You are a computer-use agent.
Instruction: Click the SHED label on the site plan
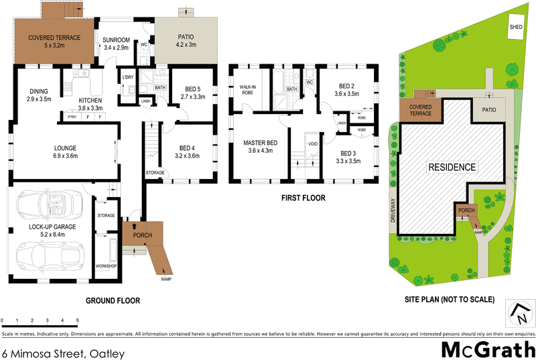point(515,27)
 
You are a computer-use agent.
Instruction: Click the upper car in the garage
point(47,204)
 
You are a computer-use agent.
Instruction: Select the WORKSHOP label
point(106,266)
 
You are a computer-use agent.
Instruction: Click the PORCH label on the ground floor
point(142,235)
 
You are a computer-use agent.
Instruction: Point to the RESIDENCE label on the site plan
point(452,167)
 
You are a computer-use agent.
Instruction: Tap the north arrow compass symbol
point(520,313)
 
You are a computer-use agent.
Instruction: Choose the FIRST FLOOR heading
point(304,198)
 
